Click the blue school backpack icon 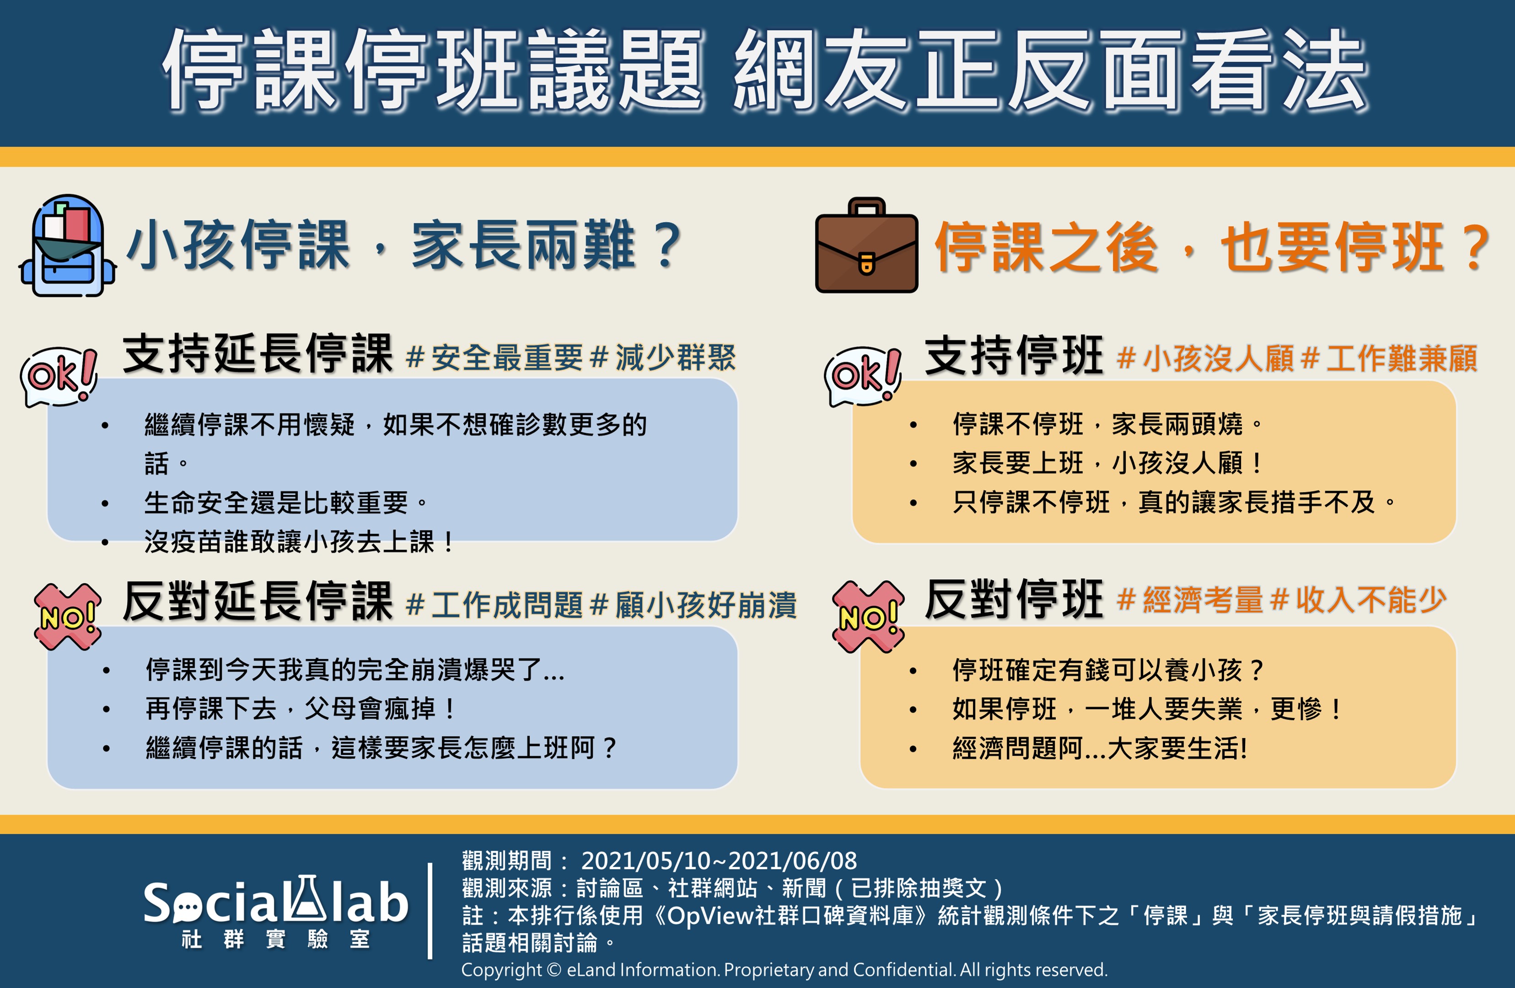(68, 246)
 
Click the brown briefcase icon (867, 245)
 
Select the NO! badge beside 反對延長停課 (68, 616)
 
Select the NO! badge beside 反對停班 (868, 617)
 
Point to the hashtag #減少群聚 (663, 357)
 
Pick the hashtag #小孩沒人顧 (1205, 358)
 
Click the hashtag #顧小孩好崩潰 (693, 605)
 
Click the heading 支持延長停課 (258, 353)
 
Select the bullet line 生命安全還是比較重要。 (286, 503)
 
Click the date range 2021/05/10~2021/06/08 (719, 861)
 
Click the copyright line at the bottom (784, 970)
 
